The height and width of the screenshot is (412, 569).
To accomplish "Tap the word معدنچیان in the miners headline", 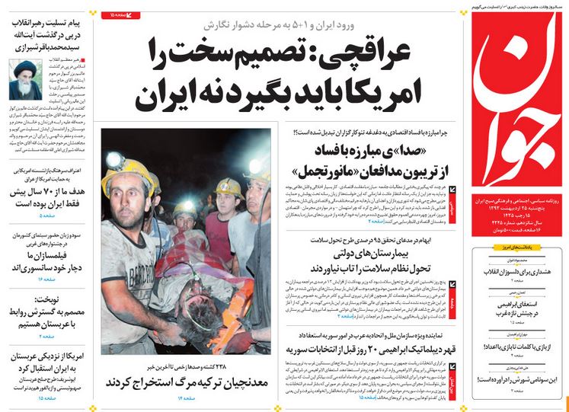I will [243, 380].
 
